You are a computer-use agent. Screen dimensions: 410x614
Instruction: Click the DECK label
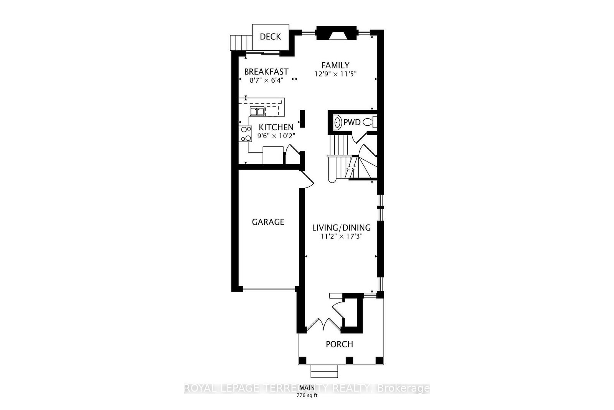[x=270, y=37]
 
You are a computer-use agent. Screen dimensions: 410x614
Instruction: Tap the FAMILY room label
[x=335, y=65]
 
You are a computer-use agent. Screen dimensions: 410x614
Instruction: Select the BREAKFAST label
[x=266, y=72]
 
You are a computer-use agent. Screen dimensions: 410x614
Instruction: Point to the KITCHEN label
[x=276, y=127]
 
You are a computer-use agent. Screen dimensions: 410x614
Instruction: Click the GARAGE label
[x=268, y=222]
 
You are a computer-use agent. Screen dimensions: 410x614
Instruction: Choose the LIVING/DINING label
[x=341, y=227]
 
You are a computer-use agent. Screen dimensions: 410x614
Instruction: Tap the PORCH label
[x=339, y=344]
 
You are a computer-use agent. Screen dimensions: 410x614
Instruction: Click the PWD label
[x=352, y=123]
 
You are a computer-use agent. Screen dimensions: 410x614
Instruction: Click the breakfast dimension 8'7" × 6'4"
[x=266, y=81]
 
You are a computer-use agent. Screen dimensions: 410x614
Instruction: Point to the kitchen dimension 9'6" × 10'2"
[x=276, y=136]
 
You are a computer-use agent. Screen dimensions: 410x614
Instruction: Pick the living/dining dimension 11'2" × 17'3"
[x=342, y=237]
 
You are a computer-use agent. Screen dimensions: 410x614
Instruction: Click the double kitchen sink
[x=257, y=111]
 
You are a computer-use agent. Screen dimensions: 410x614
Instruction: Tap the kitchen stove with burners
[x=246, y=134]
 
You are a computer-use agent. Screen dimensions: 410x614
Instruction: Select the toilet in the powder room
[x=370, y=123]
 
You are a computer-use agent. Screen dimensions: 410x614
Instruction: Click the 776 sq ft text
[x=307, y=395]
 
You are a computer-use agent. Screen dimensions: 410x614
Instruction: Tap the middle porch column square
[x=349, y=360]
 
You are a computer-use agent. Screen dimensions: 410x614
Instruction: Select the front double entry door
[x=324, y=325]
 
